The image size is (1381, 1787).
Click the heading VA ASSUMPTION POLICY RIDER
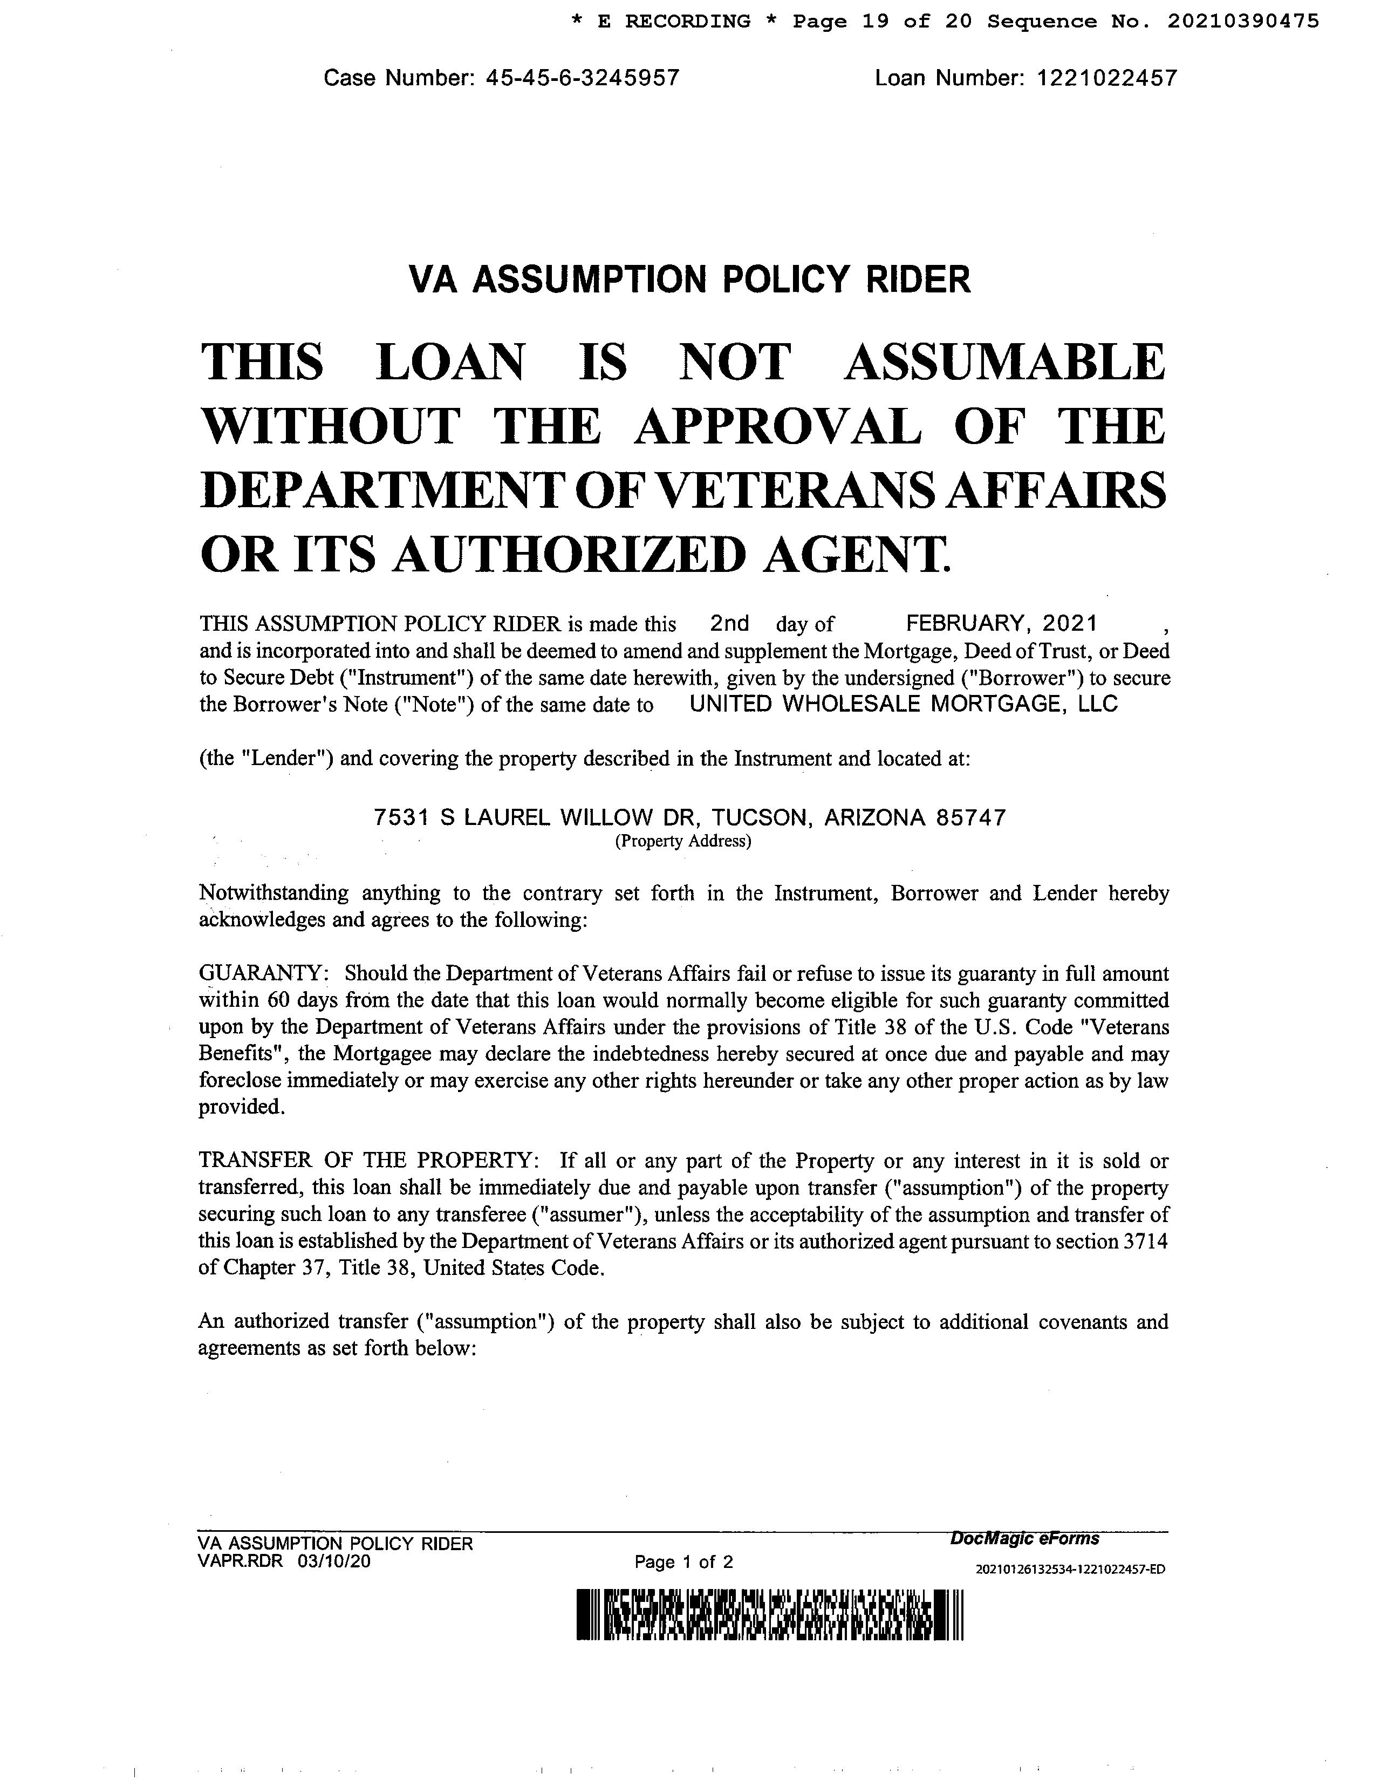[x=689, y=280]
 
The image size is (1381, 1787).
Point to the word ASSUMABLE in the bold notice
[x=1004, y=363]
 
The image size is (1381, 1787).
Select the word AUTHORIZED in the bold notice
[x=569, y=554]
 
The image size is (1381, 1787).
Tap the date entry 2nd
[x=729, y=624]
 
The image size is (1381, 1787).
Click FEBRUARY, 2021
[x=1001, y=624]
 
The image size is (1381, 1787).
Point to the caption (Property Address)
[x=682, y=841]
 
